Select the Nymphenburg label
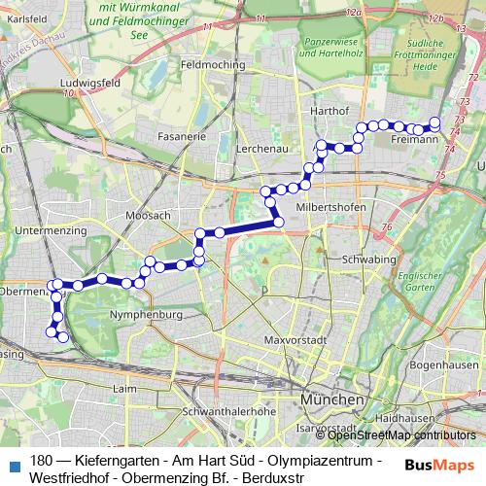[146, 315]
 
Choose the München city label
[331, 399]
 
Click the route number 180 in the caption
[42, 460]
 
